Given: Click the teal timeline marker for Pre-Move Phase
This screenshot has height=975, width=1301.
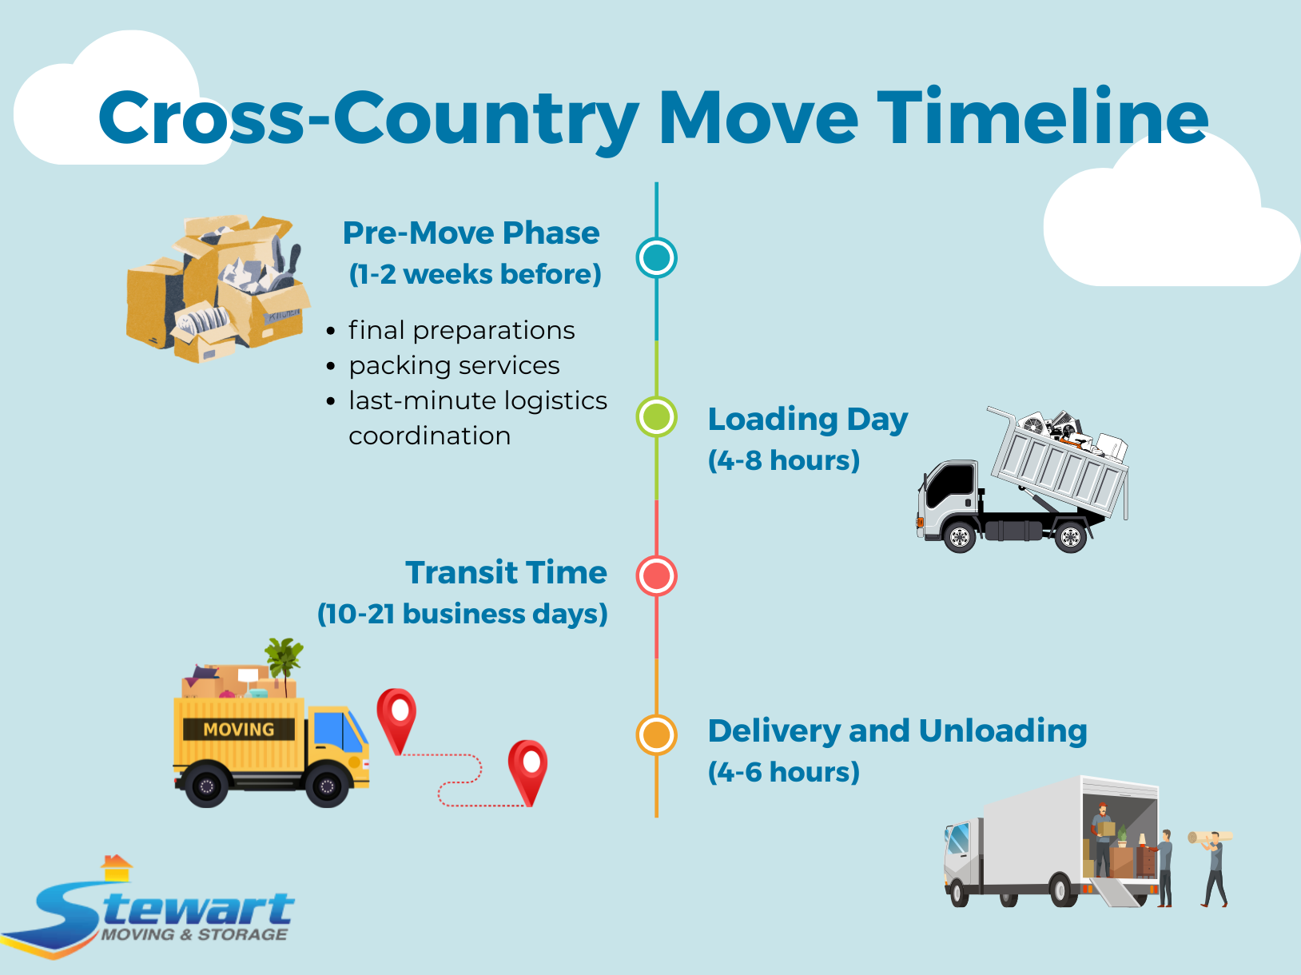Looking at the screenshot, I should coord(656,257).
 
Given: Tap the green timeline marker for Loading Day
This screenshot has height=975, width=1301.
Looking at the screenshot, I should coord(656,416).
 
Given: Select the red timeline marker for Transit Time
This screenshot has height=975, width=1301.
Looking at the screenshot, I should coord(656,575).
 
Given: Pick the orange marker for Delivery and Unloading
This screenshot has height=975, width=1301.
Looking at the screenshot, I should coord(656,734).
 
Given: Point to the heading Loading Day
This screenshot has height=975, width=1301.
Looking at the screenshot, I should coord(807,420).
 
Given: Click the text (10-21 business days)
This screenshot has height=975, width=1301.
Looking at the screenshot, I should coord(463,614).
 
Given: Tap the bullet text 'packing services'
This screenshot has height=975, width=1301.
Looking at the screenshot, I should coord(454,365).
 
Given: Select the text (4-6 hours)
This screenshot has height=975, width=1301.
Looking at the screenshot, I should coord(783,772).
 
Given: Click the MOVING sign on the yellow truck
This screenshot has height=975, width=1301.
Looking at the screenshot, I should coord(238,730).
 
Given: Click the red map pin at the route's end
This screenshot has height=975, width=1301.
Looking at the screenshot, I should coord(528,768).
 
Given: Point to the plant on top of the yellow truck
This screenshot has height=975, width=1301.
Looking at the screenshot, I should coord(284,659).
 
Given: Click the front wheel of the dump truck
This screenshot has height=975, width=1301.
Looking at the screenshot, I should coord(959,537).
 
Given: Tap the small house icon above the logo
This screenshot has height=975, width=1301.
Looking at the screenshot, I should coord(117,867).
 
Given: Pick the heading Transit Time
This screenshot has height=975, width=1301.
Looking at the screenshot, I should coord(506,573).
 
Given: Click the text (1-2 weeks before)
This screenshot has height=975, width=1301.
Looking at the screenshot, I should coord(475,274).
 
